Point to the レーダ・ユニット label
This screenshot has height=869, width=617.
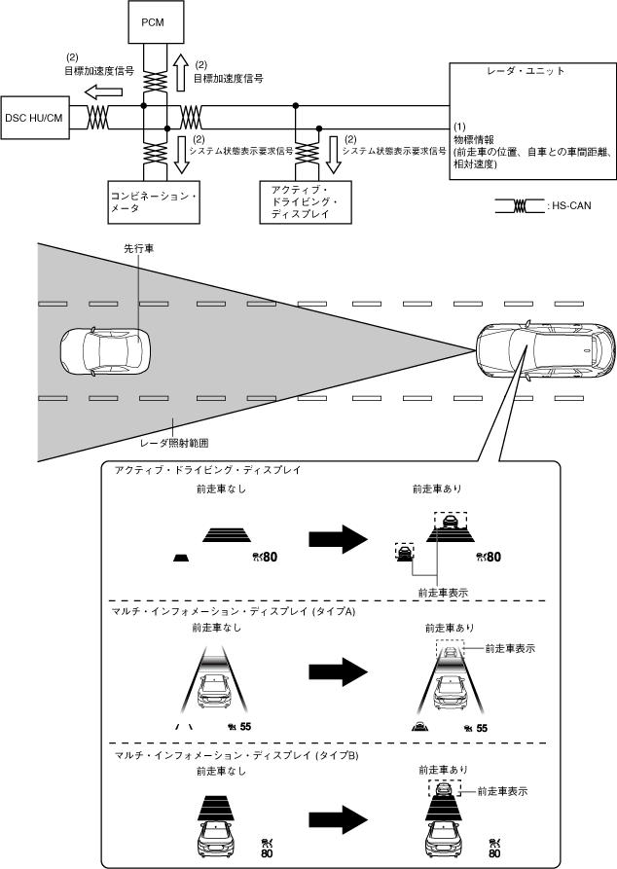pyautogui.click(x=526, y=72)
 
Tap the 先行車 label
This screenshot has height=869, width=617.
pyautogui.click(x=137, y=249)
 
